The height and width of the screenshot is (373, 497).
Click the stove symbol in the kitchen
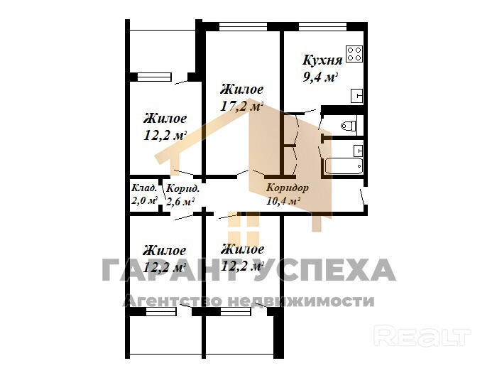tap(354, 54)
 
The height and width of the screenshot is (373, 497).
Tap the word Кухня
tap(322, 60)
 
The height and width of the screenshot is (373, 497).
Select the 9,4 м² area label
tap(320, 77)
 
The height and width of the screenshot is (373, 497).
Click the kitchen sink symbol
tap(356, 96)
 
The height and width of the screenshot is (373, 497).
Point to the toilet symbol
tap(349, 126)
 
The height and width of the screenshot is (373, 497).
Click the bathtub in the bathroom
tap(344, 166)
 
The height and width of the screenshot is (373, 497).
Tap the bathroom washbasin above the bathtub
tap(358, 151)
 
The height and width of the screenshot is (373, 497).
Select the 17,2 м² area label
tap(242, 106)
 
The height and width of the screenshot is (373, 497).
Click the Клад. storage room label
tap(144, 188)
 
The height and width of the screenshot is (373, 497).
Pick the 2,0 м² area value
tap(145, 200)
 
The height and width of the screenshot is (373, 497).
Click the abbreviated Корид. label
tap(183, 189)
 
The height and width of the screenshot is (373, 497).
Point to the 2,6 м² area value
tap(180, 201)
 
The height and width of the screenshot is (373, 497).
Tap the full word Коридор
tap(287, 188)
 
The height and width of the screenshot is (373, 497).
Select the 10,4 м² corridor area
tap(283, 200)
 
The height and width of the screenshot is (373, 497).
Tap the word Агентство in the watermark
tap(172, 301)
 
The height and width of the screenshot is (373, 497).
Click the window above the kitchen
tap(322, 26)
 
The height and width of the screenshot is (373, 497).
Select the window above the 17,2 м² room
tap(243, 26)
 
